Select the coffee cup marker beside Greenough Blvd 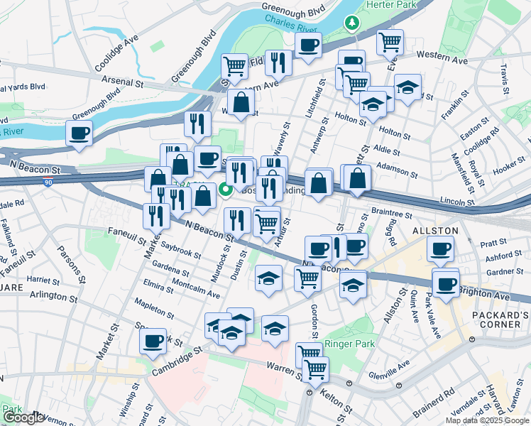79,133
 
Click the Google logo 23,417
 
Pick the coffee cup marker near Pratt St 440,250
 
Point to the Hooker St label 508,167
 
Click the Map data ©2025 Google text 486,420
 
